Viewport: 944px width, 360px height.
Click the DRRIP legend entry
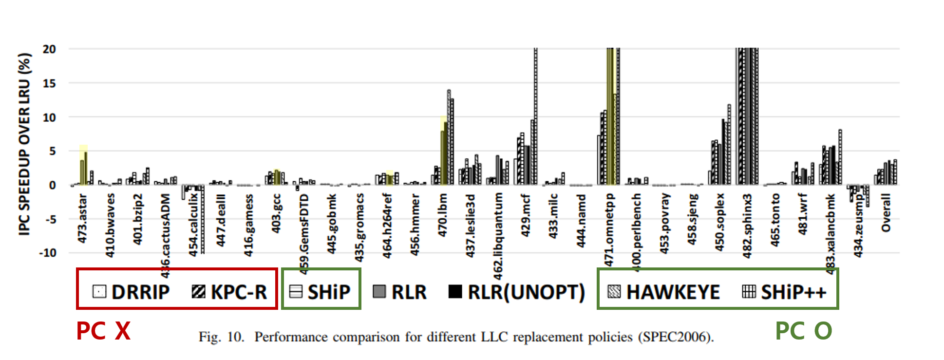pyautogui.click(x=132, y=292)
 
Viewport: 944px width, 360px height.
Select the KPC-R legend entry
pyautogui.click(x=229, y=292)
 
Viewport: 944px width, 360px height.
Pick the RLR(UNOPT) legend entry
pyautogui.click(x=517, y=292)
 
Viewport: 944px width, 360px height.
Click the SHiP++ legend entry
pyautogui.click(x=784, y=292)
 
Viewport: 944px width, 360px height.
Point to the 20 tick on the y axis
pyautogui.click(x=49, y=49)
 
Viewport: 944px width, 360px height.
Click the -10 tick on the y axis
pyautogui.click(x=47, y=253)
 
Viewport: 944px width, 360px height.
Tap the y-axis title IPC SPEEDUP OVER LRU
pyautogui.click(x=25, y=144)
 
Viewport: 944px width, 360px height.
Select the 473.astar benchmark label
pyautogui.click(x=82, y=218)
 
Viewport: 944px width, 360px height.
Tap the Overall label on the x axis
pyautogui.click(x=886, y=213)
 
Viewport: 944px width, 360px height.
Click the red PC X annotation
pyautogui.click(x=103, y=331)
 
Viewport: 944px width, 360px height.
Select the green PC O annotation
pyautogui.click(x=804, y=331)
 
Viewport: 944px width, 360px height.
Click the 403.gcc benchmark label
pyautogui.click(x=276, y=213)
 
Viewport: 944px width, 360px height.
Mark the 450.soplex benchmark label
pyautogui.click(x=719, y=222)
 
